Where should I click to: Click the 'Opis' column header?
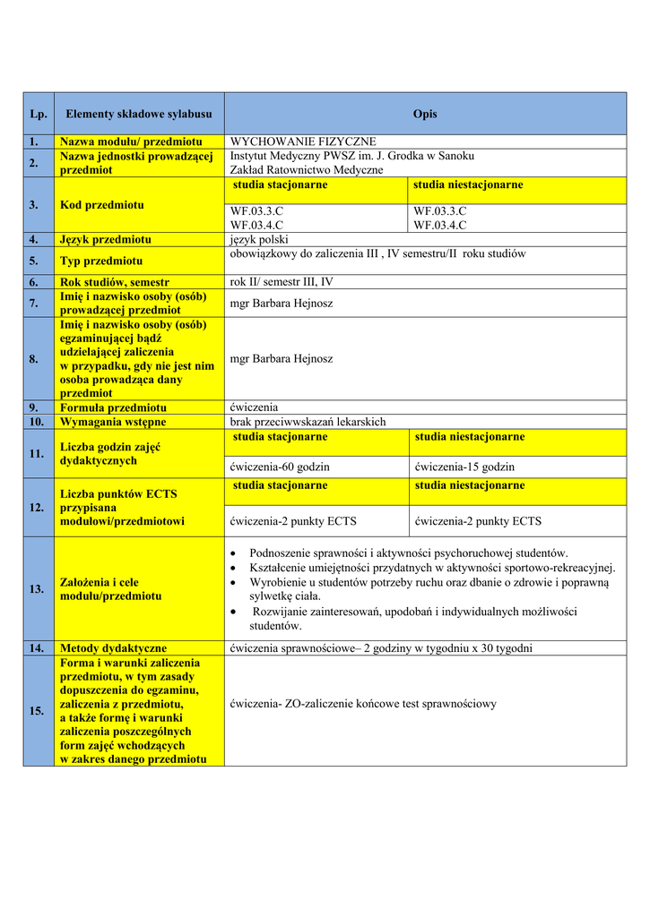pyautogui.click(x=425, y=114)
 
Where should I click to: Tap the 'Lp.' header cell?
pyautogui.click(x=38, y=114)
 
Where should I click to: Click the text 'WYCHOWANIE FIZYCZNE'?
pyautogui.click(x=303, y=141)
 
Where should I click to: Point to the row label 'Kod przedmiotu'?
pyautogui.click(x=101, y=205)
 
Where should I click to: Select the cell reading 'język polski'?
pyautogui.click(x=259, y=239)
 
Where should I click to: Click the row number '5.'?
pyautogui.click(x=33, y=261)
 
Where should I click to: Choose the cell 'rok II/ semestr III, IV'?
pyautogui.click(x=282, y=282)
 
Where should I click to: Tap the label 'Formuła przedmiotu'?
pyautogui.click(x=113, y=407)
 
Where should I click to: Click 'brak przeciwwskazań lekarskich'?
pyautogui.click(x=308, y=421)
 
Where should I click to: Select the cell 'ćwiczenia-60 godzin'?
pyautogui.click(x=280, y=467)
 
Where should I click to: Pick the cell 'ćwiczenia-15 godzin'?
pyautogui.click(x=464, y=467)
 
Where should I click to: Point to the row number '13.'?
pyautogui.click(x=36, y=589)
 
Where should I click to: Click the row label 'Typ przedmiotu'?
pyautogui.click(x=101, y=261)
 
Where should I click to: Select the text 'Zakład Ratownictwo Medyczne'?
pyautogui.click(x=307, y=169)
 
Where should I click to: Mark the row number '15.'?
pyautogui.click(x=36, y=711)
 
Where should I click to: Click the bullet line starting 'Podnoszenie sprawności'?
pyautogui.click(x=408, y=553)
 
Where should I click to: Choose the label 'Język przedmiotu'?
pyautogui.click(x=105, y=239)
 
